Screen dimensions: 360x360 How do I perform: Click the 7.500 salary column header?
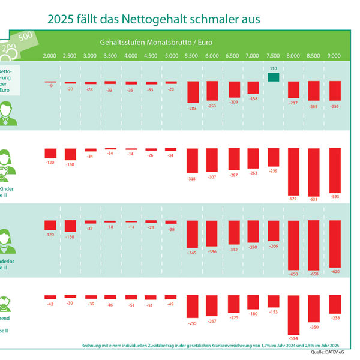point(273,56)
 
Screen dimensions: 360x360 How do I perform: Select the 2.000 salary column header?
point(50,56)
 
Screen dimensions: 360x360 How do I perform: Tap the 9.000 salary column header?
point(334,56)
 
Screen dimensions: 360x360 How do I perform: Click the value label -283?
point(193,109)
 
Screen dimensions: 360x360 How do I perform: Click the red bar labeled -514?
point(293,314)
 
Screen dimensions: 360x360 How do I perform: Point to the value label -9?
point(50,86)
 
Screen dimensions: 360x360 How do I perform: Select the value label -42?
point(50,304)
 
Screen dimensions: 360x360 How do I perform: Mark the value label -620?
point(334,272)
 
